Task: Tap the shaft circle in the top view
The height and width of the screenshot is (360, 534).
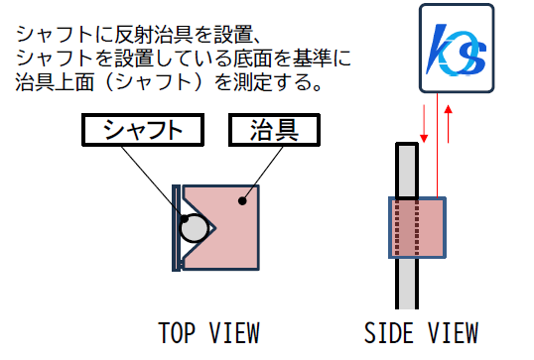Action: click(195, 230)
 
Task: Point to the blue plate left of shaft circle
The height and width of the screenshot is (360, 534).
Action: click(175, 227)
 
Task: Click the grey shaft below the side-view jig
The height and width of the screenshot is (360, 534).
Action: click(407, 282)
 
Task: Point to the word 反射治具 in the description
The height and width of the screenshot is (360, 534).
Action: click(137, 35)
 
